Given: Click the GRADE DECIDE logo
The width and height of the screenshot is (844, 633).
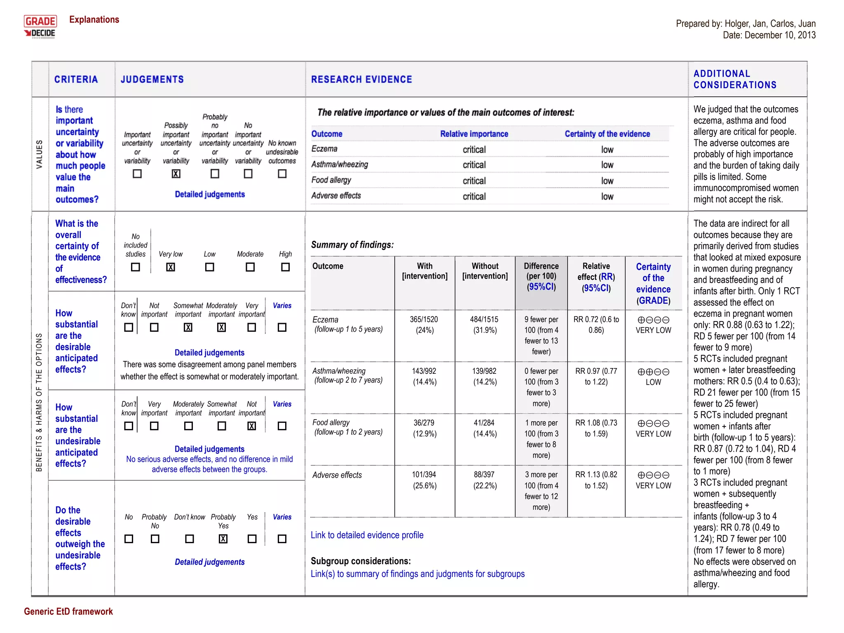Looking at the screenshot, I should coord(40,27).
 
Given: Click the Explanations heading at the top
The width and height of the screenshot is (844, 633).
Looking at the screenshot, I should coord(94,19).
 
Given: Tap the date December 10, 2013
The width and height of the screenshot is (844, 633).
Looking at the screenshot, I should coord(769,35).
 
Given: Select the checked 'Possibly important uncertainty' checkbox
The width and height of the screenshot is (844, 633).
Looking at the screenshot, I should coord(176,174).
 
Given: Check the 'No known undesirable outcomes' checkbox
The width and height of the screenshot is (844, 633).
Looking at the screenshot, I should coord(282,174).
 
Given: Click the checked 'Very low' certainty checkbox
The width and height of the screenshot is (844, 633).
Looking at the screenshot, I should coord(170,267).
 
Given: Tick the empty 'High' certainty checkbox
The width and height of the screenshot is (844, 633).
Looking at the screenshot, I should coord(285,267).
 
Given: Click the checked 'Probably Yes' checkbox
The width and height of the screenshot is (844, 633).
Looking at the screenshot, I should coord(223,539).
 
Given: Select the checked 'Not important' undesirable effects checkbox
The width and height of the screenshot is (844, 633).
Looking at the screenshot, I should coord(251,426).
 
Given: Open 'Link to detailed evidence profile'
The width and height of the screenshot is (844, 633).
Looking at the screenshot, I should coord(367,535).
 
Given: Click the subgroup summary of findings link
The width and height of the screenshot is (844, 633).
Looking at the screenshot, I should coord(417,574).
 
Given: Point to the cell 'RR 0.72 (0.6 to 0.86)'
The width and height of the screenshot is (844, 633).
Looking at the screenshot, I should coord(596,325).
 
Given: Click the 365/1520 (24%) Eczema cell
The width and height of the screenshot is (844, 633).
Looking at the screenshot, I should coord(424,325).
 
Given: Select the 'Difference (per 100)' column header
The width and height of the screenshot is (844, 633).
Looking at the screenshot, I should coord(541,276).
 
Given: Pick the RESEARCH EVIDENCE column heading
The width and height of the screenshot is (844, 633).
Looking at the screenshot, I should coord(361,80).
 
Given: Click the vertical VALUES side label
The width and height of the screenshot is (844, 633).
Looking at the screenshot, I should coord(40,154).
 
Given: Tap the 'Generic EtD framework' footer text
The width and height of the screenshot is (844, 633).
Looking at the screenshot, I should coord(68,611).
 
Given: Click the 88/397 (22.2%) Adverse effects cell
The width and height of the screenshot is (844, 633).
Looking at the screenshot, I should coord(485,480).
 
